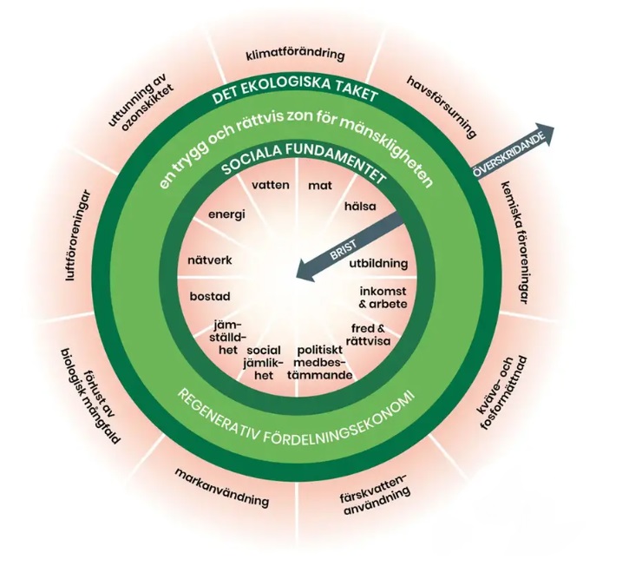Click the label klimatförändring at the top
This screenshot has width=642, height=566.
tap(296, 54)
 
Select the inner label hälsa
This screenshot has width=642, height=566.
tap(359, 206)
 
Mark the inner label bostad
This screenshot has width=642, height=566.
tap(209, 297)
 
